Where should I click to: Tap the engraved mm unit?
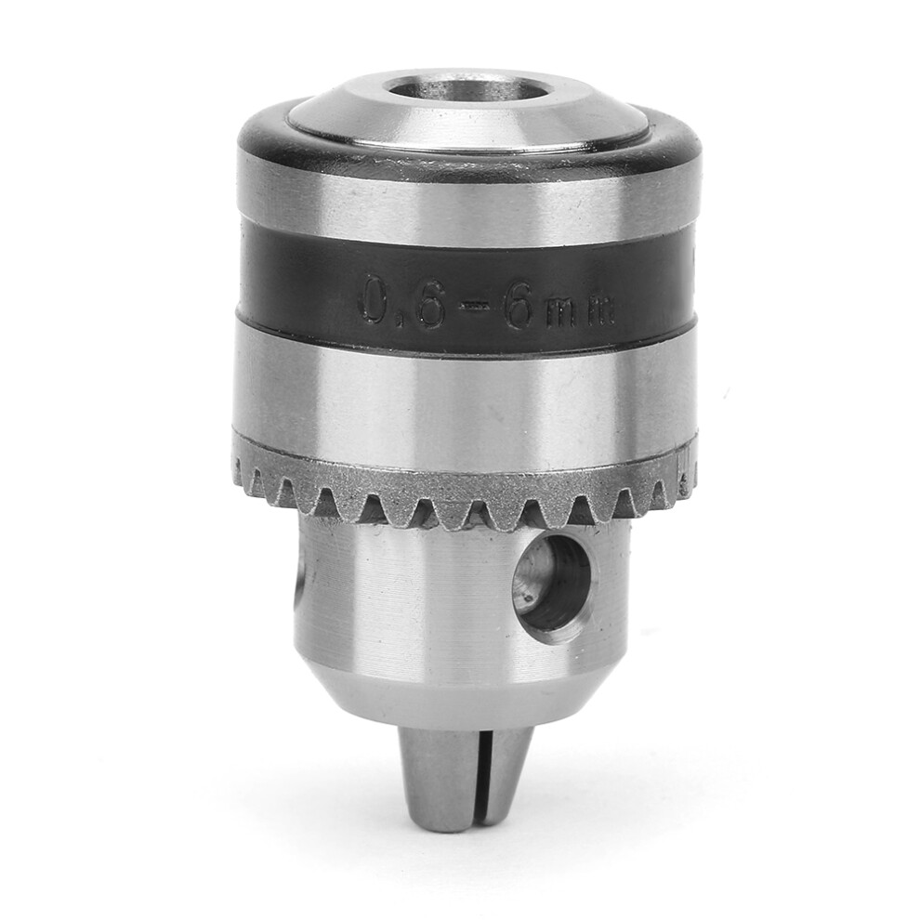[580, 312]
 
